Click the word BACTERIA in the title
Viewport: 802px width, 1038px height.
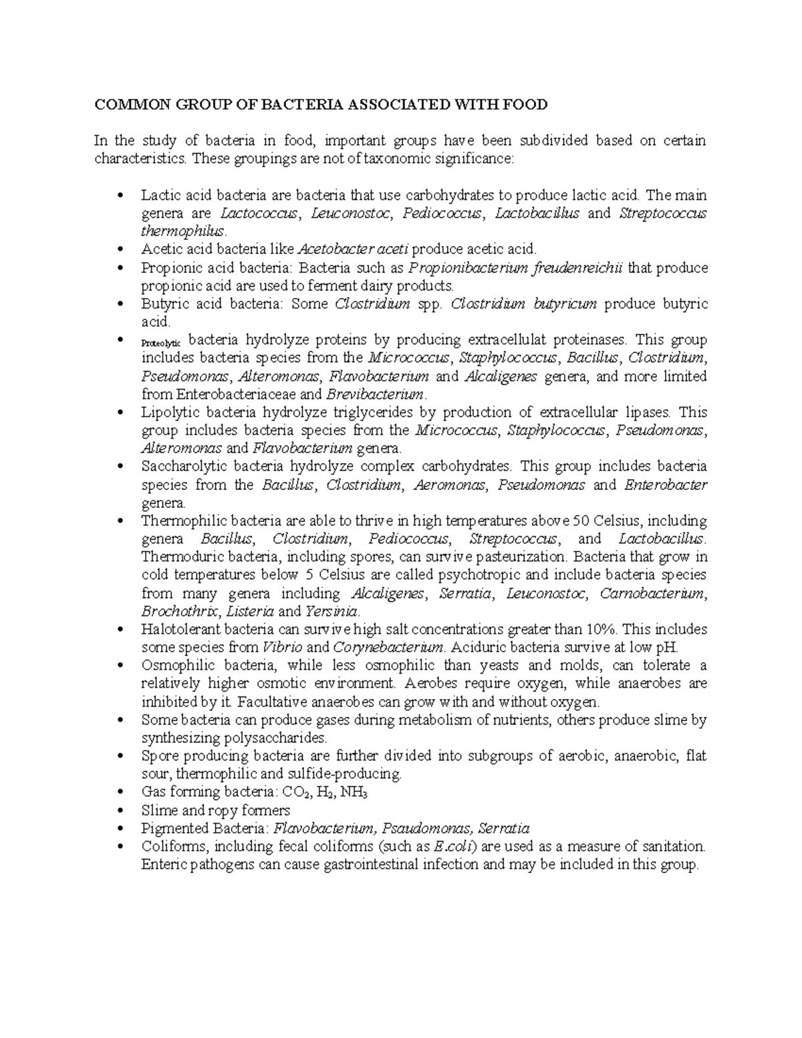pyautogui.click(x=299, y=104)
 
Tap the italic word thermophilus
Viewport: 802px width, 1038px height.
pyautogui.click(x=183, y=231)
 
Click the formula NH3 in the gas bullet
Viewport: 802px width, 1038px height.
pyautogui.click(x=354, y=793)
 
